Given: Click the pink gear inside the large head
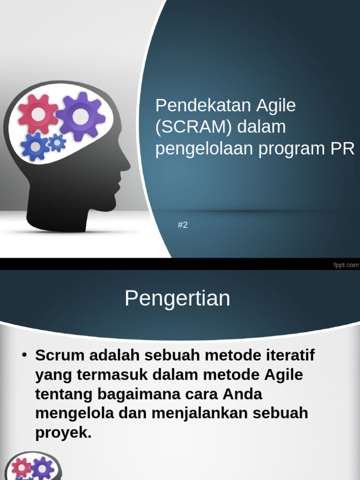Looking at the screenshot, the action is point(38,114).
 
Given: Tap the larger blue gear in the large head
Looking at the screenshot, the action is point(35,147).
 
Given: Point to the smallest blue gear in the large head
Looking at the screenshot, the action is point(57,142).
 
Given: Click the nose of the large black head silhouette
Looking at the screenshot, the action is point(127,167).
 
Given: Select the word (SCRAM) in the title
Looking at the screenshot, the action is point(194,127).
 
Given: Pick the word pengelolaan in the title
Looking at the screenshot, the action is point(204,149).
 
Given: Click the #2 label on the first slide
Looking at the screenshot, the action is point(183,225).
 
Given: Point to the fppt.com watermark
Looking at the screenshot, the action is point(346,265).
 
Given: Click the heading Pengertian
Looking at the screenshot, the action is point(177,299).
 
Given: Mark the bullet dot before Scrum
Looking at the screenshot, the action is point(24,355).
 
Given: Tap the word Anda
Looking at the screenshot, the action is point(242,394).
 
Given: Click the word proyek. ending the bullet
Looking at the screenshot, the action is point(63,433).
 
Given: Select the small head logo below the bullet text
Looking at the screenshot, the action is point(33,466).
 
